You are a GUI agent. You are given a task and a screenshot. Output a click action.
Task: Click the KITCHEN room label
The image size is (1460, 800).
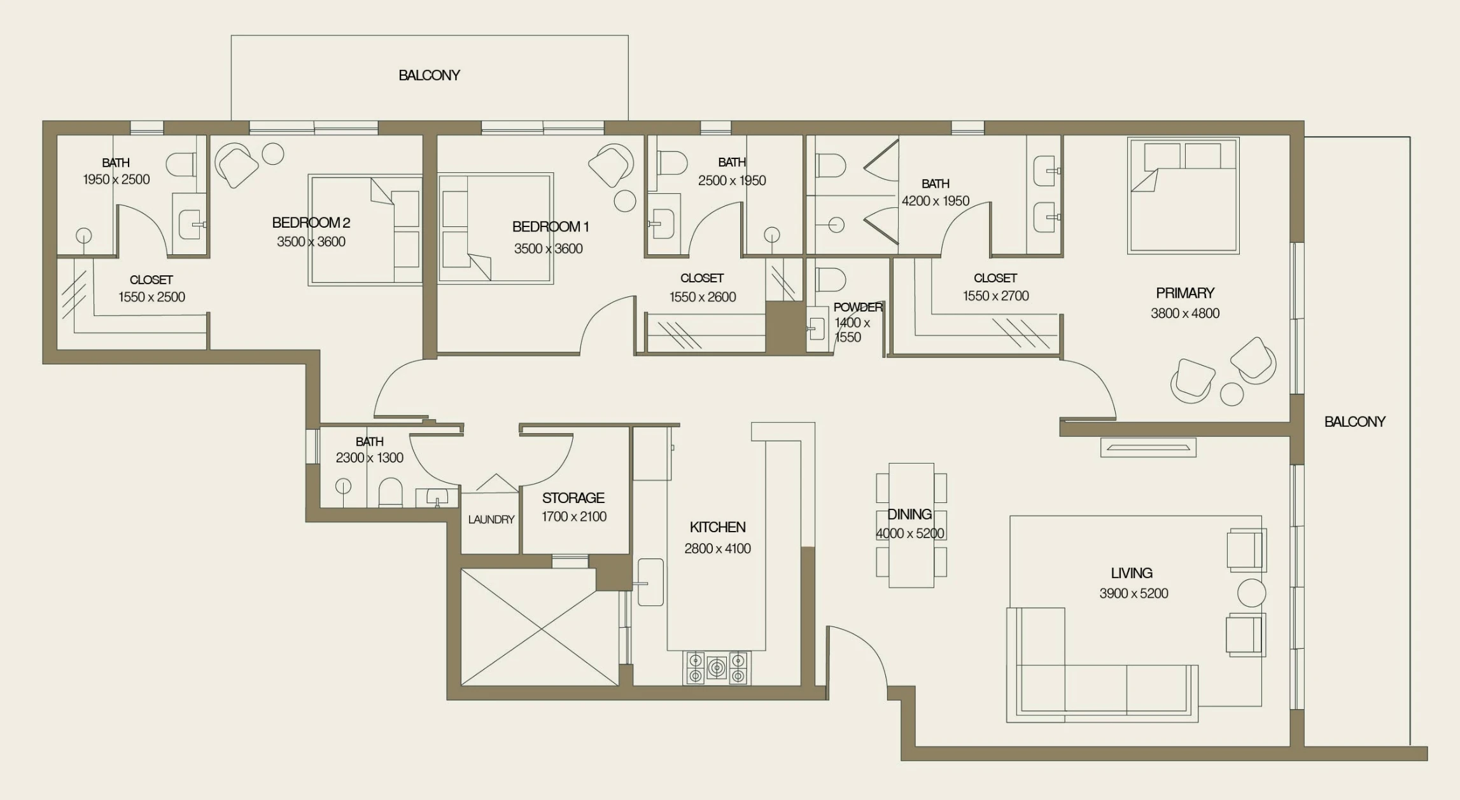[717, 527]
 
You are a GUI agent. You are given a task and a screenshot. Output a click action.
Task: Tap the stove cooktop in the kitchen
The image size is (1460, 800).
[717, 668]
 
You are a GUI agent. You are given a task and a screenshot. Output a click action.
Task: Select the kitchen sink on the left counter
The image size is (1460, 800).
[650, 582]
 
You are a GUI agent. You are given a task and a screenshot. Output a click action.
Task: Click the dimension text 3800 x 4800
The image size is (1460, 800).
[1185, 314]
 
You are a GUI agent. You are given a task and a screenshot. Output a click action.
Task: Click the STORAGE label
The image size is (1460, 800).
[573, 498]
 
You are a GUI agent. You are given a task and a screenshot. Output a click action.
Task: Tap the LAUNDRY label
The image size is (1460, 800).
[491, 520]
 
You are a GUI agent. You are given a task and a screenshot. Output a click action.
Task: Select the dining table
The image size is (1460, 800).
[911, 525]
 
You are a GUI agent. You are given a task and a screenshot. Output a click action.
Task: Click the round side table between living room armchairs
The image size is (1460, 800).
[1251, 593]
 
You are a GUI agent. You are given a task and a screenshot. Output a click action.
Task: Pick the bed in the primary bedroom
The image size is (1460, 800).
[1183, 195]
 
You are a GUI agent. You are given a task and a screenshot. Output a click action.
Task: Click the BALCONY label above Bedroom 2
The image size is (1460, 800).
[429, 75]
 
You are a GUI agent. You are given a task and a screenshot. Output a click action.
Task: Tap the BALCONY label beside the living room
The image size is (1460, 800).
[1354, 422]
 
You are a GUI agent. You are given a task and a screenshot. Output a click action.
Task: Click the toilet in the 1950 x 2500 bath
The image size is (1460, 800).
[181, 165]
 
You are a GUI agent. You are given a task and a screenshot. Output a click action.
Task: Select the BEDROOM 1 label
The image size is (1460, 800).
[551, 226]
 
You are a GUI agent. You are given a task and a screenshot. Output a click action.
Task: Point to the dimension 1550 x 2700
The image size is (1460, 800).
[995, 296]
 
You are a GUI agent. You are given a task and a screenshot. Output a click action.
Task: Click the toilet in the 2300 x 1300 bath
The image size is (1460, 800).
[390, 492]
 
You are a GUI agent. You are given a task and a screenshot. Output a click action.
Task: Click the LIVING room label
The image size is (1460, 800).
[1132, 573]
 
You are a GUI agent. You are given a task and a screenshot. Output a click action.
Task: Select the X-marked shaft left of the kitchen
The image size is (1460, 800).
[540, 628]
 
